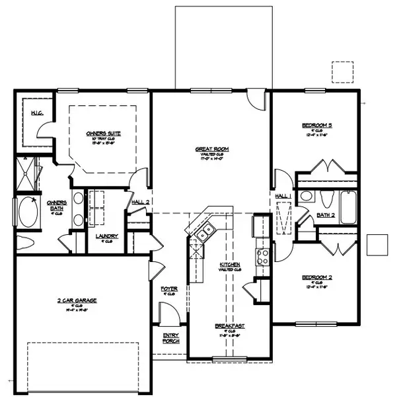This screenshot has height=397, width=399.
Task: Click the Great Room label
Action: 207,150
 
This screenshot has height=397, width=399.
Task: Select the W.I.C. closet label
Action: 37,113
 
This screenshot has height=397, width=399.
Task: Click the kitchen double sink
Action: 205,230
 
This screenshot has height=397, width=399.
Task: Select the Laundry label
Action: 106,236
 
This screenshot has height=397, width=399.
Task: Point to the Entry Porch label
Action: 170,338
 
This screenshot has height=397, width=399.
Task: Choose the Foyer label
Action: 169,288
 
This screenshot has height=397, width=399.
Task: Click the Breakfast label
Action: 229,326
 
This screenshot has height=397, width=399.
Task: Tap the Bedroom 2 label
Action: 315,278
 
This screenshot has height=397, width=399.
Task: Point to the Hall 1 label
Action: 282,197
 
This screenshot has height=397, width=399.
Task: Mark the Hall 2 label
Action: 141,202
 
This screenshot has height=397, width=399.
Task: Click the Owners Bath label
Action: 54,206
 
